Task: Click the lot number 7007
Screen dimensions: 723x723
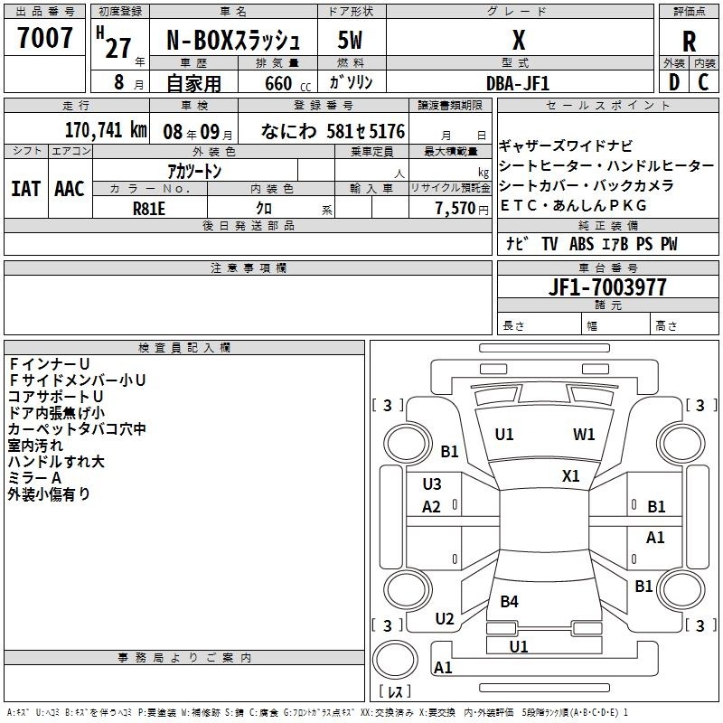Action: (44, 37)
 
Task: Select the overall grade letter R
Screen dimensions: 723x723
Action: (689, 42)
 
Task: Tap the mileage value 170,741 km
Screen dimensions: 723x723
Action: (106, 130)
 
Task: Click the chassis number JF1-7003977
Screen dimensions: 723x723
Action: (607, 286)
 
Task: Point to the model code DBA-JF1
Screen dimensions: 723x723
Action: (518, 83)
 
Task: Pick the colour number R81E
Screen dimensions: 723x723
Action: (148, 209)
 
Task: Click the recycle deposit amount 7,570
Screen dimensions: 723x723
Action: (455, 208)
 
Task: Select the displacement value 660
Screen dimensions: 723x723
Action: (278, 83)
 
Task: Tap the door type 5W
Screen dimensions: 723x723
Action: (350, 40)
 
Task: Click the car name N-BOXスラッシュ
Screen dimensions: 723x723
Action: (233, 41)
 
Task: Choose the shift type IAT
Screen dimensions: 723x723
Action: (25, 189)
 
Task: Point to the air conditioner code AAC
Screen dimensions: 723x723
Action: (70, 189)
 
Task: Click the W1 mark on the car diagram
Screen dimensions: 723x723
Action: (584, 435)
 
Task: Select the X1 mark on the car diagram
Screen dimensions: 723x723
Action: (571, 476)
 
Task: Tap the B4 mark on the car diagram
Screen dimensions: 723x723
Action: (509, 601)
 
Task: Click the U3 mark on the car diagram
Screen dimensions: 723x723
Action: (432, 484)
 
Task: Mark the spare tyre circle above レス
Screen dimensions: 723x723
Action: (395, 660)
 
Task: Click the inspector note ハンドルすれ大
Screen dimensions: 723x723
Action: (56, 462)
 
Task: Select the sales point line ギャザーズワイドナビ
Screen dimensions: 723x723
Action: (566, 146)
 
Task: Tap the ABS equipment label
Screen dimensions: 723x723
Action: (581, 244)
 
